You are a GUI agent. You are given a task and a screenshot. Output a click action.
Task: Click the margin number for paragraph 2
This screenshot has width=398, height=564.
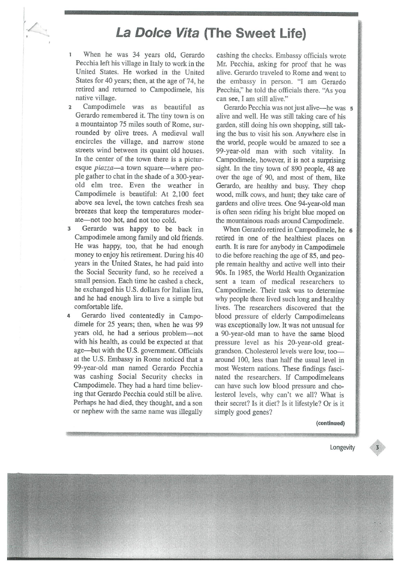pos(70,108)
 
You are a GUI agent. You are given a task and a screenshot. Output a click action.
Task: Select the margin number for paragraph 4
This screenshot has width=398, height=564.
pos(70,315)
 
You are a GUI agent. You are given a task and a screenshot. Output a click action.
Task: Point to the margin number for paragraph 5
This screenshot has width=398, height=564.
pos(352,108)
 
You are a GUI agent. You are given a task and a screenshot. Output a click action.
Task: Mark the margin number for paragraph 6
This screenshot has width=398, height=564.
pos(352,230)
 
